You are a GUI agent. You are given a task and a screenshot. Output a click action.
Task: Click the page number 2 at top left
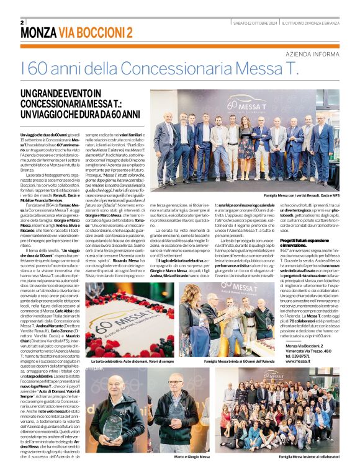tap(22, 23)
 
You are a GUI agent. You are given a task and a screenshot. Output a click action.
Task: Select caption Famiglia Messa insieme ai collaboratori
tap(307, 456)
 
